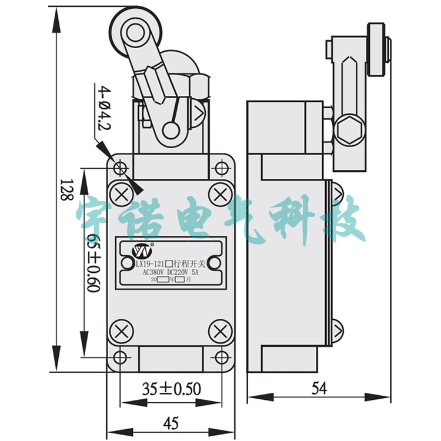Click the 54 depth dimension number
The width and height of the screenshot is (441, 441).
point(319,388)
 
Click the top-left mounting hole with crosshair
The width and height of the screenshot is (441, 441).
point(121,169)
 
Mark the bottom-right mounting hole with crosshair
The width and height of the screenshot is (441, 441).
point(220,356)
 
